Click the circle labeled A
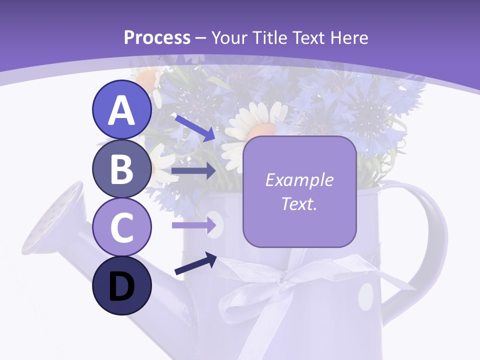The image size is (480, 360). click(x=121, y=110)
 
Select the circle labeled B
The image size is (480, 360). click(x=121, y=169)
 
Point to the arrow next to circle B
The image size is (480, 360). click(x=193, y=171)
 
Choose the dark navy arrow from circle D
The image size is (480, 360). click(x=195, y=264)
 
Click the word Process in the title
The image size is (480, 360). click(x=157, y=37)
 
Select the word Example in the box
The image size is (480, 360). click(x=299, y=180)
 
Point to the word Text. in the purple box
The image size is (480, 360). click(x=299, y=204)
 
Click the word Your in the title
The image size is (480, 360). click(x=229, y=37)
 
